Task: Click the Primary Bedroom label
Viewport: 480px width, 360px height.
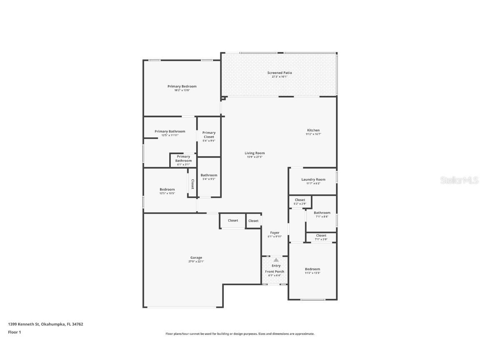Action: pos(182,86)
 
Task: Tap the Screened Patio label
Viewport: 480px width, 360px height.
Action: pos(280,73)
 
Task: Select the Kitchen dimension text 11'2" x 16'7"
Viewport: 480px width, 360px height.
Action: pos(313,134)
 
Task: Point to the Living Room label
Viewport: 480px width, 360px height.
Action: pos(255,153)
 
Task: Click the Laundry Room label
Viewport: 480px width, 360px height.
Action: pos(313,180)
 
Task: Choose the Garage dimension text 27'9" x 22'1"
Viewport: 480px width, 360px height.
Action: pos(196,262)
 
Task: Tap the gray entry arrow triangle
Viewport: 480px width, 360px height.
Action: pos(276,260)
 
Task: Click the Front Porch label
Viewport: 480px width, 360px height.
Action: pos(275,272)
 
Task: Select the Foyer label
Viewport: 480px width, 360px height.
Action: pos(275,232)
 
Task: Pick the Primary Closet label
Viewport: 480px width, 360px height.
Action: pos(209,135)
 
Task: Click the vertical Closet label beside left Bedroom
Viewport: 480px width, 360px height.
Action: pos(192,184)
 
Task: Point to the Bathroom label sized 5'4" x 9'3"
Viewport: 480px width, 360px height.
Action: pos(209,175)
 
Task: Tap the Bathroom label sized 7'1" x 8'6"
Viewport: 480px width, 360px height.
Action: pos(322,212)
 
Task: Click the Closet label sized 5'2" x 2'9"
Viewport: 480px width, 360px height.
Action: pos(300,200)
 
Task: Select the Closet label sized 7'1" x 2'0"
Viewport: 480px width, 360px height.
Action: pos(321,235)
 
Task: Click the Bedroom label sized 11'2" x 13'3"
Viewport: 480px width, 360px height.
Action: pos(312,269)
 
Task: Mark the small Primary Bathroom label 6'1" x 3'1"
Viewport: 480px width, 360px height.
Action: pos(183,159)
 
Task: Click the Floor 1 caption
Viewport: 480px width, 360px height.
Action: pos(14,332)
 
